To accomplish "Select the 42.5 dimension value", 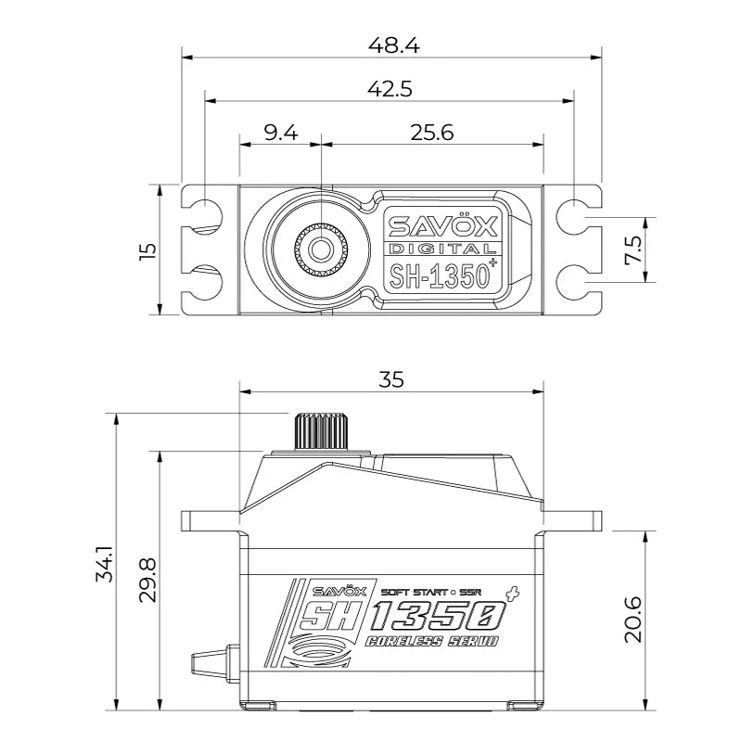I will (390, 88).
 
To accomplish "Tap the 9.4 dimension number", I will (280, 133).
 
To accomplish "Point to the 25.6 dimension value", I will (431, 133).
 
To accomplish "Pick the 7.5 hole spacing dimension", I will (633, 249).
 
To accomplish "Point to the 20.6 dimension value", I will (633, 620).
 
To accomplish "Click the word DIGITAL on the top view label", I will (441, 249).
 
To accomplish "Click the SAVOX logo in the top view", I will (442, 225).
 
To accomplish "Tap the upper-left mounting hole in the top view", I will (204, 214).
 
